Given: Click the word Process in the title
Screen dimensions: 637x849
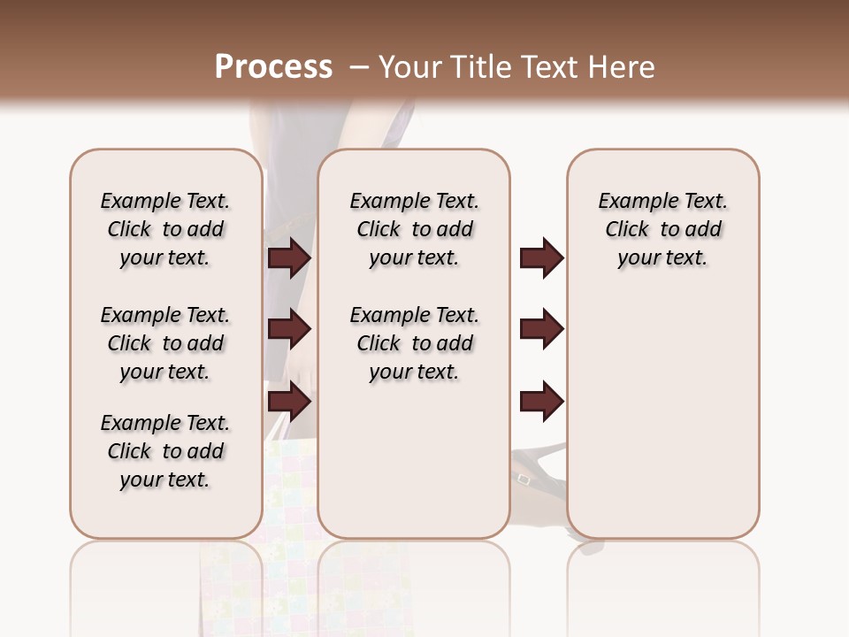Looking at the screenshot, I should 273,67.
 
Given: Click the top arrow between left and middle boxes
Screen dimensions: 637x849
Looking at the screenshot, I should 289,257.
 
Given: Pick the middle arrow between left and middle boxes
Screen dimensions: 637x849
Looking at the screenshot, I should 289,330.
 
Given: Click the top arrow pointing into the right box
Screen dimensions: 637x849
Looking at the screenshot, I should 541,257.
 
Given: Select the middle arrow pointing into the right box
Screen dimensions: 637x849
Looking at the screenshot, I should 541,329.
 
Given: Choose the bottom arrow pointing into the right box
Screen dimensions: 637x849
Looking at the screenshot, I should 541,401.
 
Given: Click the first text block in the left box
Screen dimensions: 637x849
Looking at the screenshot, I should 165,229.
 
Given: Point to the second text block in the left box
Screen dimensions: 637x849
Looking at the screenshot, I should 165,343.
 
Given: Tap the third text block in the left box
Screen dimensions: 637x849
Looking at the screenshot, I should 165,451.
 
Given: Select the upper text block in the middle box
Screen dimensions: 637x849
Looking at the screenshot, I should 414,229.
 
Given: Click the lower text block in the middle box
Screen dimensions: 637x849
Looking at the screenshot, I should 414,343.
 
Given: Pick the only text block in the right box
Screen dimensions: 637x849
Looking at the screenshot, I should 662,229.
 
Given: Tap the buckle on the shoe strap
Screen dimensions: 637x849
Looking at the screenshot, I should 524,480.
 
